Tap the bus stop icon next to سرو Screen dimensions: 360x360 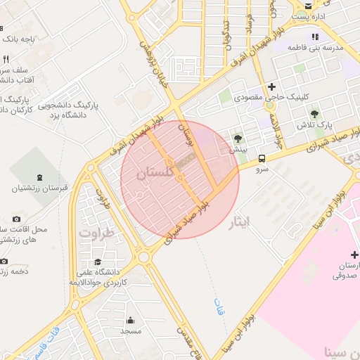pos(262,159)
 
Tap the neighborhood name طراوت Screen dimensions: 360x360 pos(96,231)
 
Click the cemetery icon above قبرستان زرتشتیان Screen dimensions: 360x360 pos(37,176)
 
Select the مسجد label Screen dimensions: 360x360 pos(131,330)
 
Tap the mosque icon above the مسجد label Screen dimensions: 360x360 pos(131,319)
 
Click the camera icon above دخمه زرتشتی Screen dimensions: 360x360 pos(4,261)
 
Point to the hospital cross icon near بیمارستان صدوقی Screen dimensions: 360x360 pos(354,254)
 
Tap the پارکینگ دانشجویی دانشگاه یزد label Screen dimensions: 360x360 pos(70,109)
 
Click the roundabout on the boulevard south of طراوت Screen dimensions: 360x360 pos(144,257)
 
